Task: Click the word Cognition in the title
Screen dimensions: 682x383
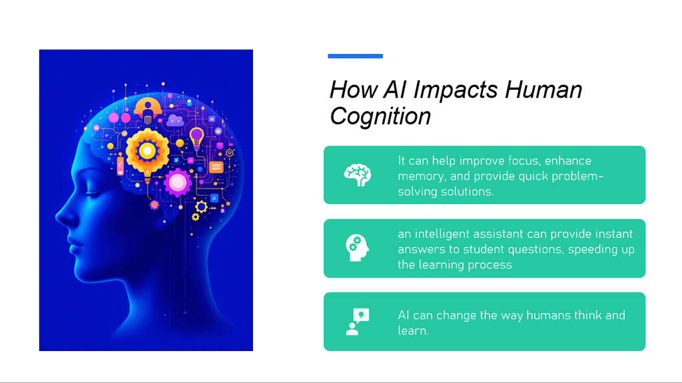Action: click(x=380, y=116)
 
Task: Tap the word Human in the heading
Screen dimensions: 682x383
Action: click(x=543, y=90)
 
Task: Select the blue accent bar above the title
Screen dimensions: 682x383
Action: click(x=356, y=56)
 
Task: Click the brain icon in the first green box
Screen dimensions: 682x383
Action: click(x=358, y=175)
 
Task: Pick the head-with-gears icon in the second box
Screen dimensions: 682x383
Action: click(x=358, y=248)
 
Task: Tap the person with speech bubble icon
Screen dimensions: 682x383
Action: click(x=358, y=322)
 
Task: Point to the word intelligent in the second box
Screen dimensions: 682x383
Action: click(x=442, y=234)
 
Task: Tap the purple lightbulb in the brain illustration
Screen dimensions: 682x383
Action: click(x=196, y=138)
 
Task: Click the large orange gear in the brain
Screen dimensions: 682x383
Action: click(x=147, y=151)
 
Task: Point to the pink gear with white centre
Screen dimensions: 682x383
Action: click(x=177, y=183)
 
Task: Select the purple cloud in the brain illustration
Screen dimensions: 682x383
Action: click(x=175, y=120)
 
